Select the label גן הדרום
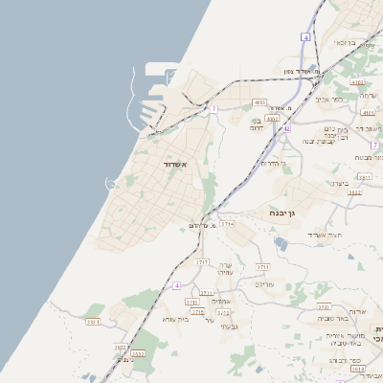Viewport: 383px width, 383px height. pos(276,163)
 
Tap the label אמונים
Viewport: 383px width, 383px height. pos(222,302)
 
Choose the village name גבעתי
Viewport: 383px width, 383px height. pos(229,327)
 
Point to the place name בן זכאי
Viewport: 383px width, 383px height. pos(345,42)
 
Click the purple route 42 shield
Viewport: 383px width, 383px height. pos(286,127)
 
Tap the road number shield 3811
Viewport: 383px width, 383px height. pos(364,177)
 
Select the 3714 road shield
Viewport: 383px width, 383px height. pos(227,223)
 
